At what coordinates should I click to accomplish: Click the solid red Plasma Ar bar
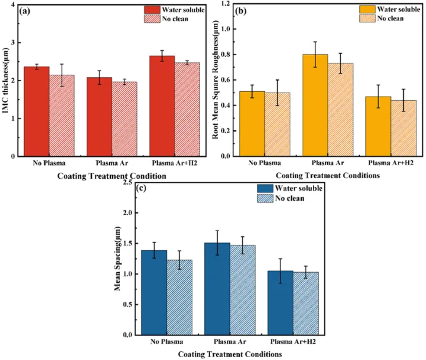coord(99,117)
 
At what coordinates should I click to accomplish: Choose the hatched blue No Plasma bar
coord(180,297)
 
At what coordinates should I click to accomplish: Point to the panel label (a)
coord(25,11)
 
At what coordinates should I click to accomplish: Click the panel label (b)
coord(241,11)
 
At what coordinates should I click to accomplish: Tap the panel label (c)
coord(141,188)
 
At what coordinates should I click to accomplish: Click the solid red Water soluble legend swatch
coord(152,9)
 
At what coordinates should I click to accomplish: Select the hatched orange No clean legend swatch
coord(367,18)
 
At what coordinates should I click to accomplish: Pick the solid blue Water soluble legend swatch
coord(265,188)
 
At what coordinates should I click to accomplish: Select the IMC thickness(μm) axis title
coord(6,80)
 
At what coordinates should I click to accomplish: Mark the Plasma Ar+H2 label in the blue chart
coord(293,342)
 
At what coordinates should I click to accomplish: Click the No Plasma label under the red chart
coord(49,163)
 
